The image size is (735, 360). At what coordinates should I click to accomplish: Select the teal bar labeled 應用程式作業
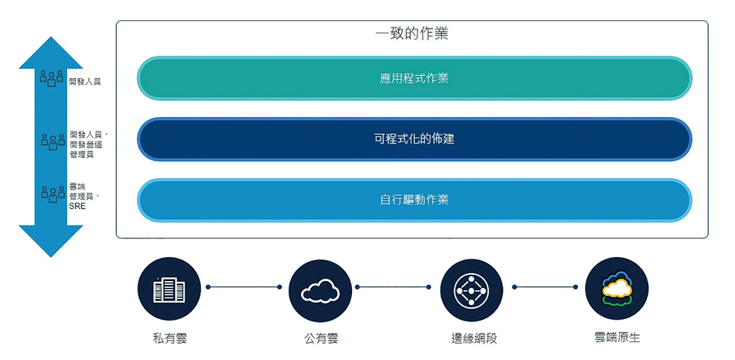(414, 78)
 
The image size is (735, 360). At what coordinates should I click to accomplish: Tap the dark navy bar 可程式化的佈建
(414, 139)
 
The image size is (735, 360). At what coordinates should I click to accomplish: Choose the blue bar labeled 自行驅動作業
(414, 200)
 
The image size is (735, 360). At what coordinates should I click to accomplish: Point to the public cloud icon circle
(320, 290)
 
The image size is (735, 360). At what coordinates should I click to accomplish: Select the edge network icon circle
(470, 290)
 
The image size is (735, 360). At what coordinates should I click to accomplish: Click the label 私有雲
(169, 338)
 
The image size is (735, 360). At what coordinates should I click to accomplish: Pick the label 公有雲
(320, 338)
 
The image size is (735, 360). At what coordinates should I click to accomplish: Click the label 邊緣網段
(471, 338)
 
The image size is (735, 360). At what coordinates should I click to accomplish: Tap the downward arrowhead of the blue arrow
(51, 240)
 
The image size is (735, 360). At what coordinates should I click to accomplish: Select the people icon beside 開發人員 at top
(52, 78)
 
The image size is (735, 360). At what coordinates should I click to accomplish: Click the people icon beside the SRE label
(52, 194)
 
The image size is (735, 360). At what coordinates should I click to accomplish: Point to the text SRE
(77, 207)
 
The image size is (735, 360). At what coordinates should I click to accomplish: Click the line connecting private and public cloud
(244, 287)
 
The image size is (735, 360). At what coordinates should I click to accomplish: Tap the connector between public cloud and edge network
(395, 287)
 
